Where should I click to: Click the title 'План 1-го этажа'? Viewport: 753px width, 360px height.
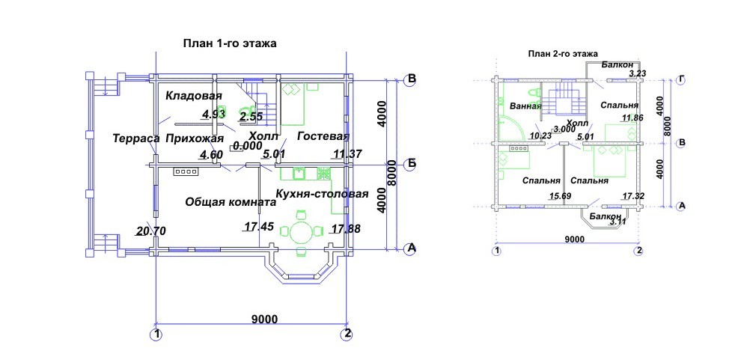231,43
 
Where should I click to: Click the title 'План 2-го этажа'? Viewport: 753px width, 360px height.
562,54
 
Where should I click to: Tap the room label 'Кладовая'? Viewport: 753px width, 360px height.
194,97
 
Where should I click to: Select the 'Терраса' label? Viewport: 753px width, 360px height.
135,138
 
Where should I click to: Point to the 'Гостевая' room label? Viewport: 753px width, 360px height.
323,136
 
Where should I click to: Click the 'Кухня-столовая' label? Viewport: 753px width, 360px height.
322,195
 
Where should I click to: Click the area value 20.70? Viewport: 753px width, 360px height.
151,231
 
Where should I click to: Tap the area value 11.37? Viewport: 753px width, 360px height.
347,155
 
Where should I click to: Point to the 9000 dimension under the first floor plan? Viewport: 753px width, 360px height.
264,320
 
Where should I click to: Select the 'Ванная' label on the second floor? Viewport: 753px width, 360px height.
525,106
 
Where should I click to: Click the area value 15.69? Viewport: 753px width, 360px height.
561,196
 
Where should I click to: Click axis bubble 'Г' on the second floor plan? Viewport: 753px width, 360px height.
680,79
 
